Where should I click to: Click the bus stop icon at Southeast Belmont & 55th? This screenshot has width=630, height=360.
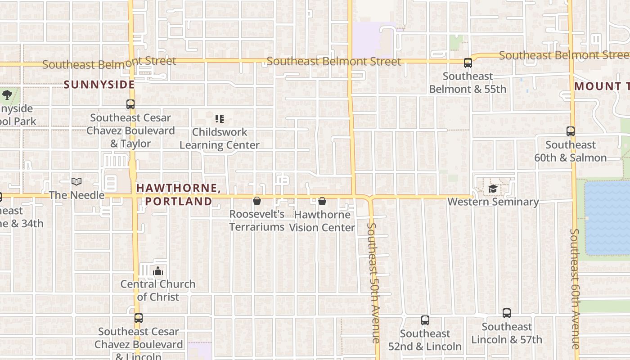click(468, 63)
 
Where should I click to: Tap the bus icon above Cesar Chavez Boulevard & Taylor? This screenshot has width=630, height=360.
click(130, 104)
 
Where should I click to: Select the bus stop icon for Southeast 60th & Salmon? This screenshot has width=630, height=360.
click(571, 131)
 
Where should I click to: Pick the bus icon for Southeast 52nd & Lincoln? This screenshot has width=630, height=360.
click(425, 320)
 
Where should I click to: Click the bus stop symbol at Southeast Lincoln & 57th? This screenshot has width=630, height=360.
click(507, 313)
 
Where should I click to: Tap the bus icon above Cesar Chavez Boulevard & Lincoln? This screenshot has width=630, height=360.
click(139, 318)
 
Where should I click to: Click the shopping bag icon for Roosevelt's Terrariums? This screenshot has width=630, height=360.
click(257, 201)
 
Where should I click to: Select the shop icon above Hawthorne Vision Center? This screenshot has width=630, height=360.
click(322, 201)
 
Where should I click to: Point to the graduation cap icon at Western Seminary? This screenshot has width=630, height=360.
click(493, 189)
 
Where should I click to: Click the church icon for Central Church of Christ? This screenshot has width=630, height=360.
click(158, 271)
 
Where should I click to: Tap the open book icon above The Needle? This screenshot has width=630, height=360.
click(76, 182)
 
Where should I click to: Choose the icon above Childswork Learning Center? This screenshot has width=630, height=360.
click(220, 119)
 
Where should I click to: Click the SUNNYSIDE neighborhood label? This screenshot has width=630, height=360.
click(99, 85)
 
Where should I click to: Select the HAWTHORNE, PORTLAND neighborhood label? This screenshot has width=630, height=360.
click(178, 194)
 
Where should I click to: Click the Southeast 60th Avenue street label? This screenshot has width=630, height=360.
click(575, 288)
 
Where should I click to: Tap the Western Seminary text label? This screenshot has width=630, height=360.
click(493, 202)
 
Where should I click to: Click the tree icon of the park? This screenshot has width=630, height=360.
click(7, 95)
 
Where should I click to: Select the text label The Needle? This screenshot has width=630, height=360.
click(76, 195)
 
